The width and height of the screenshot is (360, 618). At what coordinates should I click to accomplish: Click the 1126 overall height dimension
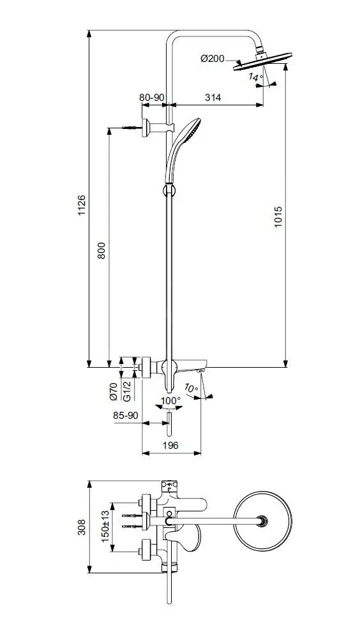[x=82, y=205]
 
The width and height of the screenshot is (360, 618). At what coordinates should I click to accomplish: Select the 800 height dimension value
[x=101, y=250]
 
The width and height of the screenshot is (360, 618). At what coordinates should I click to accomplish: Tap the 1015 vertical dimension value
[x=278, y=217]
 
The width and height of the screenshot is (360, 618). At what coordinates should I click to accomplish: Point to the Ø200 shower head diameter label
[x=213, y=59]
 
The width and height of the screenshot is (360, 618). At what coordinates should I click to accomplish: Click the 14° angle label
[x=255, y=77]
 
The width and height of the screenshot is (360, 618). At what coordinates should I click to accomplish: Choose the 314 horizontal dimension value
[x=213, y=97]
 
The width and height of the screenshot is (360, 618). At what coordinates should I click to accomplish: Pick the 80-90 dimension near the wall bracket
[x=152, y=97]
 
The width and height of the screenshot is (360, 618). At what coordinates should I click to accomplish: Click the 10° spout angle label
[x=191, y=388]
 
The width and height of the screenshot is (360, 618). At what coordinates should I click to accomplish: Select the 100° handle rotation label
[x=170, y=400]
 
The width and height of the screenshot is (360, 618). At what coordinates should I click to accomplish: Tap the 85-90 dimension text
[x=125, y=416]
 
